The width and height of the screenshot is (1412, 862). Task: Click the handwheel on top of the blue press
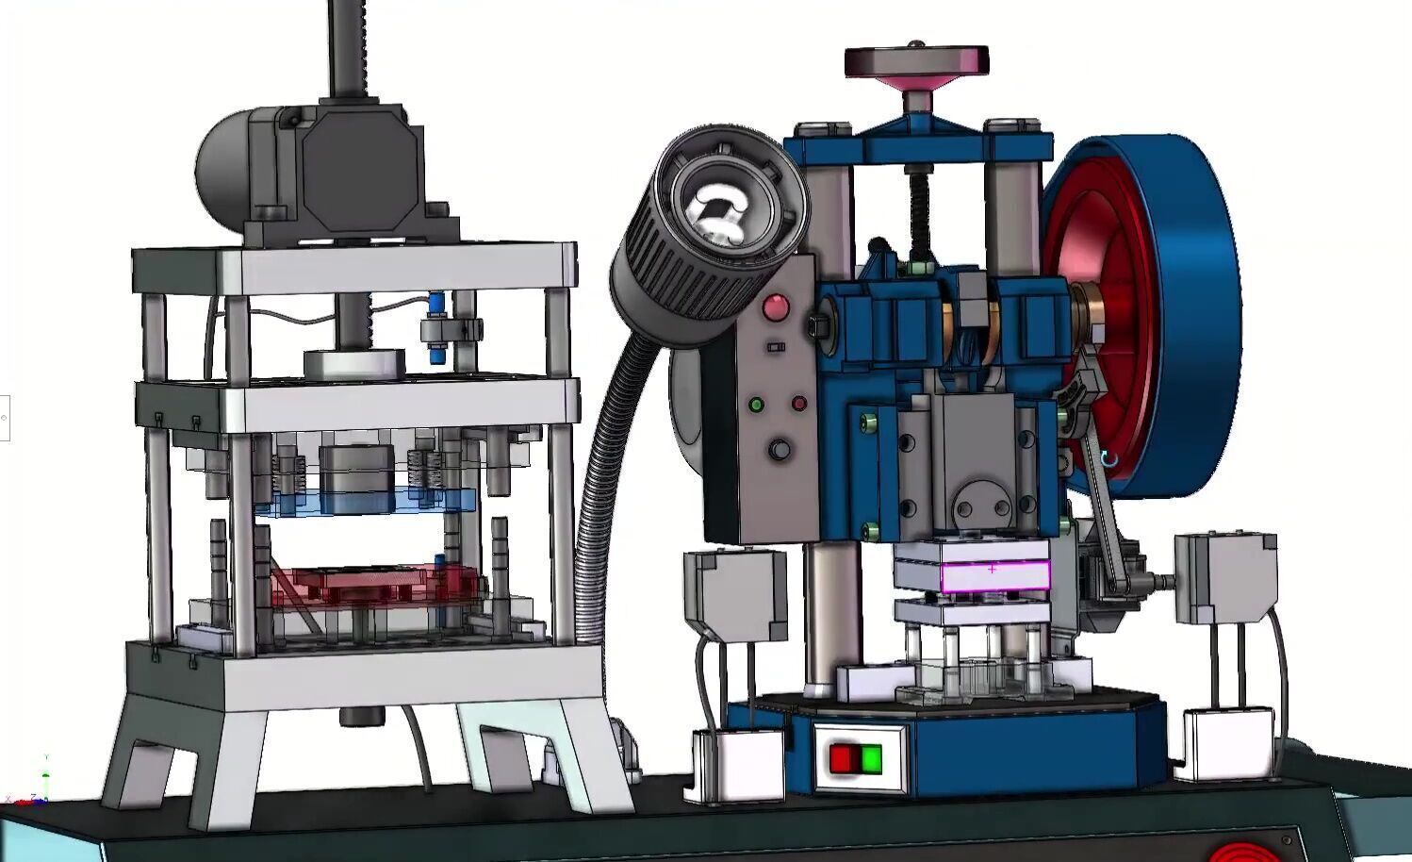click(915, 62)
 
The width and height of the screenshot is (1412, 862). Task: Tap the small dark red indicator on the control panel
click(799, 404)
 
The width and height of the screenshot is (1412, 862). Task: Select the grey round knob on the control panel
click(779, 450)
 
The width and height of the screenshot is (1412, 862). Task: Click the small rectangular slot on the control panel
click(776, 348)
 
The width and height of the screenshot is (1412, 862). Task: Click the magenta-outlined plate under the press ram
click(994, 575)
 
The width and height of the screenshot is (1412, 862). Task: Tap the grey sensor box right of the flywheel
click(1225, 575)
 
